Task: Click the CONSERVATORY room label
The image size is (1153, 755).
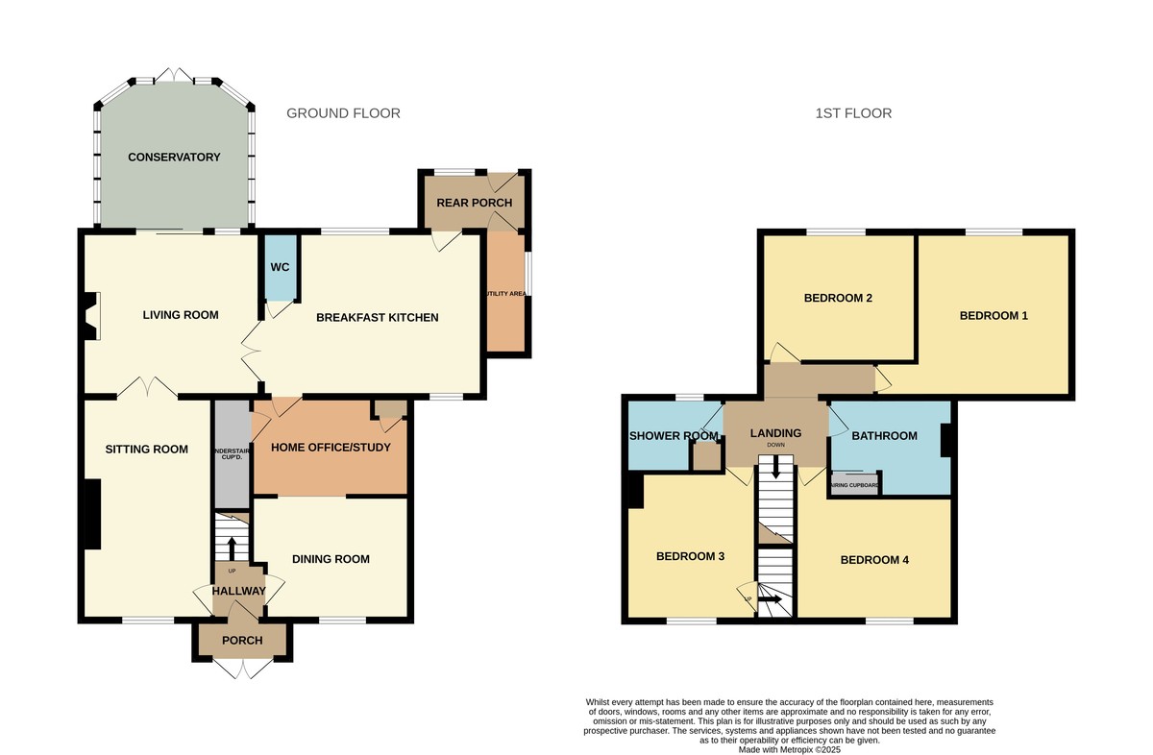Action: pyautogui.click(x=174, y=158)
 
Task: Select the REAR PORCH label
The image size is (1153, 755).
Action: pyautogui.click(x=474, y=203)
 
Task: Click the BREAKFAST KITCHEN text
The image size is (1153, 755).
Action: pyautogui.click(x=377, y=318)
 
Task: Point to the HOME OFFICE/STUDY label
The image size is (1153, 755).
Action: pyautogui.click(x=331, y=448)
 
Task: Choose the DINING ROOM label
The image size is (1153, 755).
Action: pyautogui.click(x=331, y=559)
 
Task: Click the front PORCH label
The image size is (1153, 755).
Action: pyautogui.click(x=242, y=640)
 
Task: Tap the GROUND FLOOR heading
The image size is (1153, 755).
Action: pyautogui.click(x=343, y=113)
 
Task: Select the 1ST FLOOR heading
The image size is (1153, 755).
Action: pyautogui.click(x=852, y=113)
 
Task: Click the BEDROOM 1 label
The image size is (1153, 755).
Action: pyautogui.click(x=994, y=315)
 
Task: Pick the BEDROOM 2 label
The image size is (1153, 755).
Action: pyautogui.click(x=838, y=298)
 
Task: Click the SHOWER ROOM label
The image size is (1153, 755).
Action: pyautogui.click(x=674, y=436)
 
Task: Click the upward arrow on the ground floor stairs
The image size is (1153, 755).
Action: pyautogui.click(x=231, y=548)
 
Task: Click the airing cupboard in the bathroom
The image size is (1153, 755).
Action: pyautogui.click(x=854, y=485)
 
